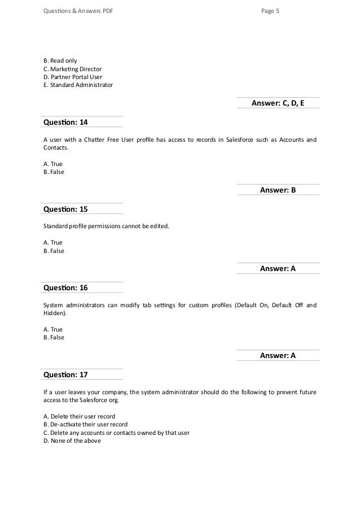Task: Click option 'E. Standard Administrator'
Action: [78, 85]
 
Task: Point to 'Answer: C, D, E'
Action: [278, 102]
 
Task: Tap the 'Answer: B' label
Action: [278, 190]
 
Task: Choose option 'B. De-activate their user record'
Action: [85, 424]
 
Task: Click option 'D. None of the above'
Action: [72, 441]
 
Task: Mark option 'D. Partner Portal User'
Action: [73, 77]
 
